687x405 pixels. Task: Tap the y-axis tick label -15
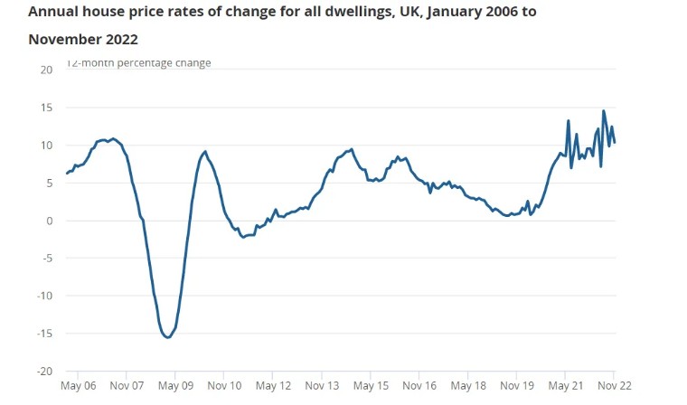click(x=45, y=333)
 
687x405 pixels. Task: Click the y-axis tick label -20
click(x=45, y=371)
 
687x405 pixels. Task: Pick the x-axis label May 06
click(x=77, y=386)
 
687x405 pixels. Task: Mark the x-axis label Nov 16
click(x=419, y=386)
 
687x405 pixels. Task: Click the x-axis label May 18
click(x=467, y=386)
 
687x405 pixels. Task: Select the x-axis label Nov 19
click(x=516, y=386)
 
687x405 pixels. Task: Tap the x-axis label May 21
click(x=565, y=386)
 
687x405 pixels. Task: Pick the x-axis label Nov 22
click(x=613, y=386)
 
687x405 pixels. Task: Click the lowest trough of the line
click(x=167, y=337)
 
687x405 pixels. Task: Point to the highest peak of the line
click(x=604, y=111)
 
